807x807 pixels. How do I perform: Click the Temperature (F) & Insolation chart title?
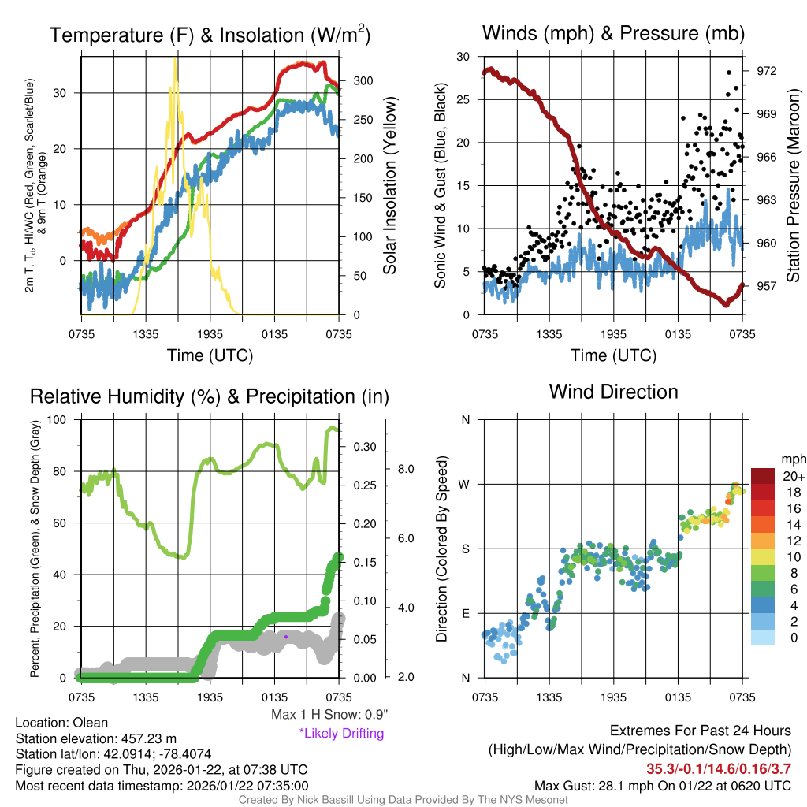point(210,35)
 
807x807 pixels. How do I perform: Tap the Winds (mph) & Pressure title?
point(614,33)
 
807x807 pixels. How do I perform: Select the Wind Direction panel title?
point(613,392)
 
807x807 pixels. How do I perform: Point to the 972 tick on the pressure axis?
point(768,71)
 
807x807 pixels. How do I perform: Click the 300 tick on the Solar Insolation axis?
point(362,80)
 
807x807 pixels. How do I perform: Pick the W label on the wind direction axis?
point(466,484)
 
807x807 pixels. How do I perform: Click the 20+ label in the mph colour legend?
point(794,477)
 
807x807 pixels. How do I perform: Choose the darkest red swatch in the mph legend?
point(764,476)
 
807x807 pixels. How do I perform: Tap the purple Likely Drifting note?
point(341,734)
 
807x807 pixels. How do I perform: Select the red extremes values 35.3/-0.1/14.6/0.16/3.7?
point(719,769)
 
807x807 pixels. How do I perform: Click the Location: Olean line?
point(61,723)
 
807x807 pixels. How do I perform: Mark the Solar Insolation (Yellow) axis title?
point(390,186)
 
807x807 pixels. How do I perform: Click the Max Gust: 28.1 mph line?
point(662,785)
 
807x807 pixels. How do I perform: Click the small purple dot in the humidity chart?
point(286,636)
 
